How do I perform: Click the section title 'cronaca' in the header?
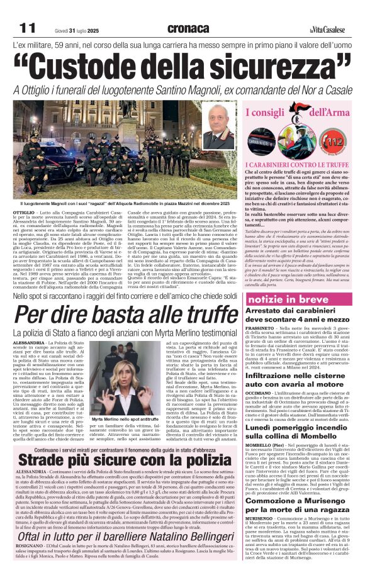[x=188, y=28]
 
